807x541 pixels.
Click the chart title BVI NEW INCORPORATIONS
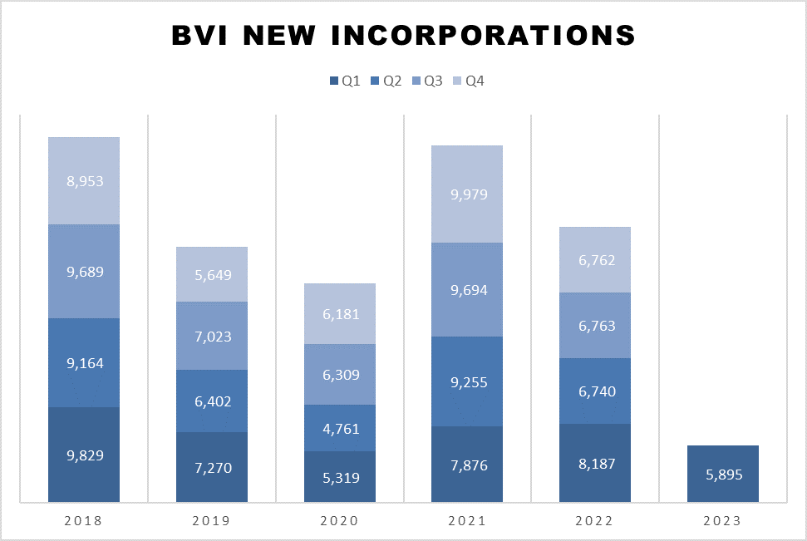coord(403,36)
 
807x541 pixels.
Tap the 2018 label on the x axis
coord(83,522)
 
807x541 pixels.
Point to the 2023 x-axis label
coord(722,522)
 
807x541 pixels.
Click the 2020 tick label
coord(339,522)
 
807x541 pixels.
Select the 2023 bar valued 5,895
coord(723,474)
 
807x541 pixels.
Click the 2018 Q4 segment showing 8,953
coord(84,180)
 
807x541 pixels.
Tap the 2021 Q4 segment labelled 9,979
coord(467,194)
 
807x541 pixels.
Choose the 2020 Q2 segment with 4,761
coord(340,428)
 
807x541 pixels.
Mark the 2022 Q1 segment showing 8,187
coord(595,463)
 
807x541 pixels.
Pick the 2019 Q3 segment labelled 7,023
coord(212,336)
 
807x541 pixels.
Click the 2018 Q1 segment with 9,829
coord(84,455)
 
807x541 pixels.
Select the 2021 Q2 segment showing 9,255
coord(467,381)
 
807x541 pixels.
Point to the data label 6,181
coord(340,313)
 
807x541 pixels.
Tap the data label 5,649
coord(212,274)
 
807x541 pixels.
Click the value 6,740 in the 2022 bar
coord(595,391)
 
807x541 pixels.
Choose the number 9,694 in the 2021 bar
coord(467,290)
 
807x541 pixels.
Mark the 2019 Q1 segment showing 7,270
coord(212,467)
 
